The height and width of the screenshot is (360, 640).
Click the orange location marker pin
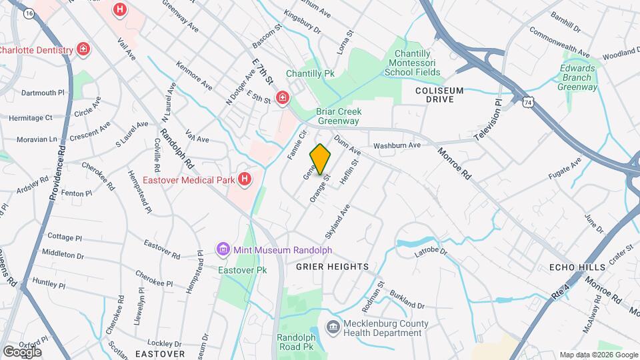320,159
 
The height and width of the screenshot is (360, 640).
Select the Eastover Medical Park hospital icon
245,179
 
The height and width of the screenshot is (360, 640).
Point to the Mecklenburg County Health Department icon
332,326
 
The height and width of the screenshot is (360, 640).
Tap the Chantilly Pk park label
310,73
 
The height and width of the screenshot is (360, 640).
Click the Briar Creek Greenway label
337,117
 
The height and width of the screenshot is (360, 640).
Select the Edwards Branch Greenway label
577,77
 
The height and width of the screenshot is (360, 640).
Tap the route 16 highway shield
28,13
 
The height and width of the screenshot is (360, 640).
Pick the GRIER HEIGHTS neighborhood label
333,267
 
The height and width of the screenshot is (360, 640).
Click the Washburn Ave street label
397,145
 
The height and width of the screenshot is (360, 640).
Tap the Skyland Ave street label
337,222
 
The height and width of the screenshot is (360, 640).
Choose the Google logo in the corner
21,351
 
